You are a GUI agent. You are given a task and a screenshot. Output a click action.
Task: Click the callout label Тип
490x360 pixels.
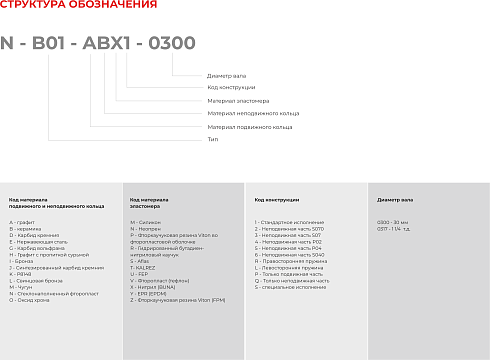(x=212, y=140)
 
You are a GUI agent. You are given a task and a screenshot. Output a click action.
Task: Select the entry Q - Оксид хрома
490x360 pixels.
(x=30, y=299)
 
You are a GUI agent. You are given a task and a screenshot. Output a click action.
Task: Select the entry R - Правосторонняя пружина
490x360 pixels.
(x=291, y=263)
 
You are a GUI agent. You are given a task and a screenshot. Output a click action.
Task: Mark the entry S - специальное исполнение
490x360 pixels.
(x=291, y=287)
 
